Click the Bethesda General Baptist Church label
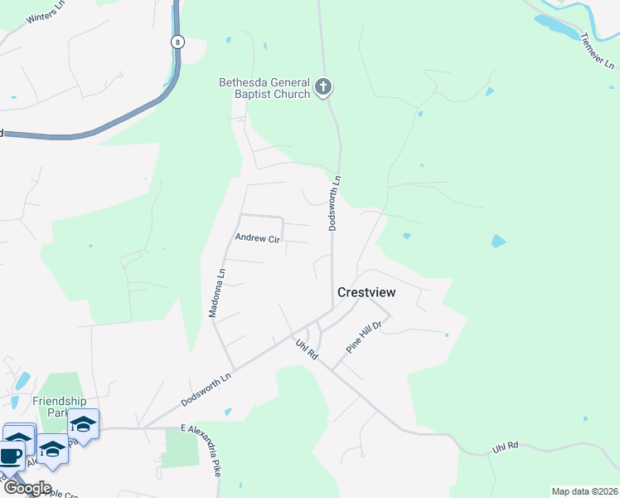coord(264,88)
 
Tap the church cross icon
coord(323,86)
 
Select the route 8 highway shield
coord(177,41)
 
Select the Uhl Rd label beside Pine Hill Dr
coord(307,348)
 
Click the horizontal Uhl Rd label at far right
coord(505,446)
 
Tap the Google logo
coord(27,488)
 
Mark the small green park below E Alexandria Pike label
coord(182,448)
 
